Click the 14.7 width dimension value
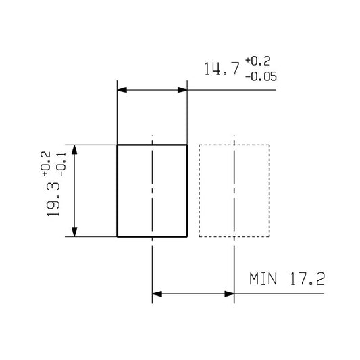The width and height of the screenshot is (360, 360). click(221, 70)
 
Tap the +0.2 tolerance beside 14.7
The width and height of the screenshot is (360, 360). click(258, 63)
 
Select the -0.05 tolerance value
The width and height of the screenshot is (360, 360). click(260, 76)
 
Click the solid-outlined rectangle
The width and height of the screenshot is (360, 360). click(152, 190)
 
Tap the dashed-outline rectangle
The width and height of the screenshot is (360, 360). click(234, 190)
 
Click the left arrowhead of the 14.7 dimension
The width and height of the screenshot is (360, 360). click(122, 90)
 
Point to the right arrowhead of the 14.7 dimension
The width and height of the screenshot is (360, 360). click(182, 90)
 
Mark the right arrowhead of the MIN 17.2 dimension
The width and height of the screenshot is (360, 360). click(229, 294)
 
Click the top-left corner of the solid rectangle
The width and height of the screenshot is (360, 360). click(118, 145)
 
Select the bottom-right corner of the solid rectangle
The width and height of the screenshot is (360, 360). click(187, 237)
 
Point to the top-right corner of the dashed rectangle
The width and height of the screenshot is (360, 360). click(269, 145)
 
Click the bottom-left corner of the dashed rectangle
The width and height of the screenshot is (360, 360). click(199, 237)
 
